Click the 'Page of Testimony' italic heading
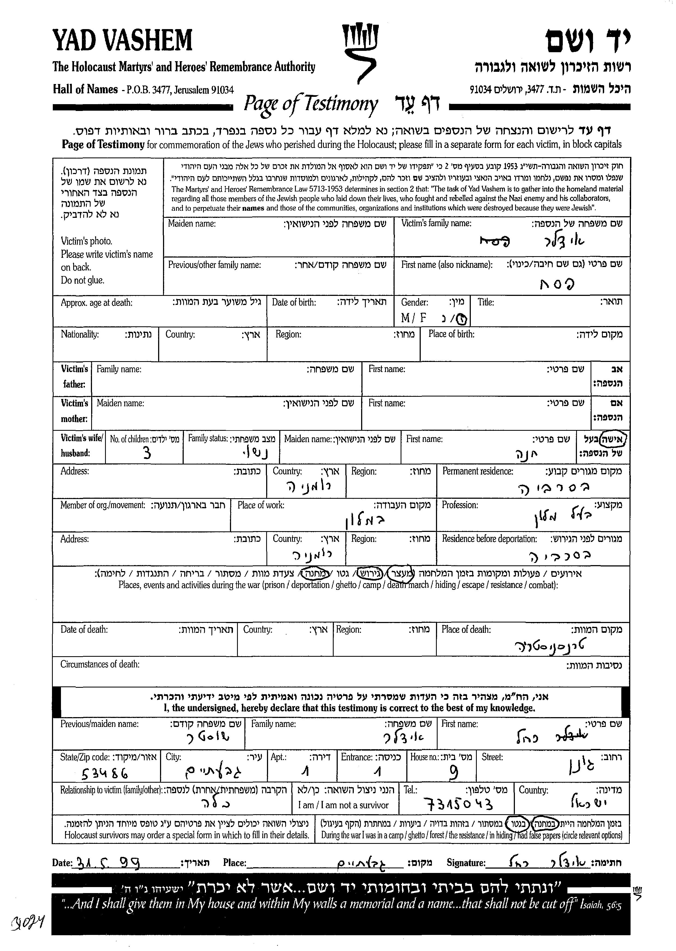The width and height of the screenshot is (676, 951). pyautogui.click(x=311, y=104)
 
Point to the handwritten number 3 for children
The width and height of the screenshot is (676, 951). pyautogui.click(x=146, y=453)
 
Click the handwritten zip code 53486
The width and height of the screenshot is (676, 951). pyautogui.click(x=105, y=773)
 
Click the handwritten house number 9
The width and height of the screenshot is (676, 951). pyautogui.click(x=454, y=773)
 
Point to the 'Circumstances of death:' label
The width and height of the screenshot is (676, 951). pyautogui.click(x=100, y=664)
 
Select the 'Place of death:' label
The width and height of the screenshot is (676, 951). pyautogui.click(x=466, y=630)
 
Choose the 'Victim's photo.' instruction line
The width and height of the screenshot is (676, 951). pyautogui.click(x=87, y=241)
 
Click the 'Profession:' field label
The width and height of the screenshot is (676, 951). pyautogui.click(x=460, y=505)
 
